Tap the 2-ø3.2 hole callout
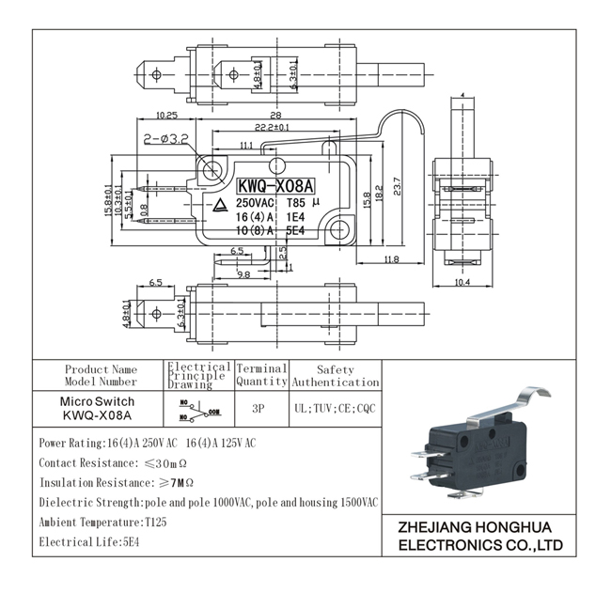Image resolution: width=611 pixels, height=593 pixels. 167,138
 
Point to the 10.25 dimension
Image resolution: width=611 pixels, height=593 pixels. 165,115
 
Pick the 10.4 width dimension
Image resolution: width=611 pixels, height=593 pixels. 461,282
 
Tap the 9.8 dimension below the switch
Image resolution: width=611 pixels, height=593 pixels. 243,274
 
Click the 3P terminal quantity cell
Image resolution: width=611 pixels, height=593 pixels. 260,410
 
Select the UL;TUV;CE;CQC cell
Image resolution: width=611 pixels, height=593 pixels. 335,410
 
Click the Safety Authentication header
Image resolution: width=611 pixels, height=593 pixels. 335,376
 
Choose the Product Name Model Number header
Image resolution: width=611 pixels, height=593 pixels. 101,376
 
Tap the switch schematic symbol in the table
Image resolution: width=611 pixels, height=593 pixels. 197,411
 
